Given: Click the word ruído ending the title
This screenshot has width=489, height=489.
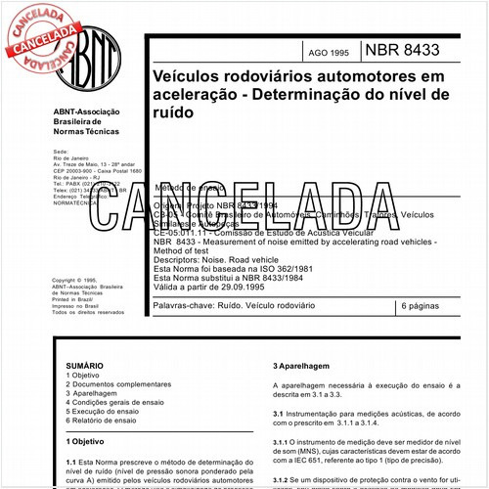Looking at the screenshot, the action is click(x=173, y=112).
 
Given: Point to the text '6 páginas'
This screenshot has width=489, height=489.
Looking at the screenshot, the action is click(x=422, y=306).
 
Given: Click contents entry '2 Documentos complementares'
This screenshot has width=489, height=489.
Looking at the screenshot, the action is click(x=113, y=383).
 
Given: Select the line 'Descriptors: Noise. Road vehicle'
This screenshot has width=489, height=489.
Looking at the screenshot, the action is click(x=219, y=255).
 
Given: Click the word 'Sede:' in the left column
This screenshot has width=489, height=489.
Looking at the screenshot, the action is click(x=61, y=154).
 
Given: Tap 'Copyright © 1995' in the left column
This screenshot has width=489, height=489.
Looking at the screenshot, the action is click(x=76, y=280).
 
